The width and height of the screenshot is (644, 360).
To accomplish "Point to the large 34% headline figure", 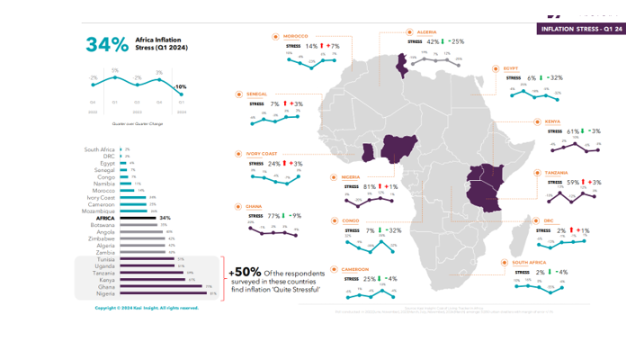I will pos(105,44).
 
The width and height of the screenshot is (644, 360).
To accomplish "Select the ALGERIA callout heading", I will pos(427,31).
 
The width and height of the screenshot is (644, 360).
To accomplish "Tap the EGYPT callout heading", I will pos(511,67).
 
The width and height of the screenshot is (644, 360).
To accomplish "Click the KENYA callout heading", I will pos(552,121).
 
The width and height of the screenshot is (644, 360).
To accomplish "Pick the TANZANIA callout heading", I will pos(556,171).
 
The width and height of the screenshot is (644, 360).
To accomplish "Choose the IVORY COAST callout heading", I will pos(261,153).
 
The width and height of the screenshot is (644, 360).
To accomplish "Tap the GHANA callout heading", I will pos(255,206).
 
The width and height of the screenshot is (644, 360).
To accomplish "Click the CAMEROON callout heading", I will pos(352,267).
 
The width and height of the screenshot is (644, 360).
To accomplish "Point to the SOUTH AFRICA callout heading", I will pos(530,261).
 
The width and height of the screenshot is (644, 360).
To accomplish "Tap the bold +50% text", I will pos(246,272).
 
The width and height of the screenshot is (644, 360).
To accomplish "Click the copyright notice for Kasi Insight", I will pos(147,308).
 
